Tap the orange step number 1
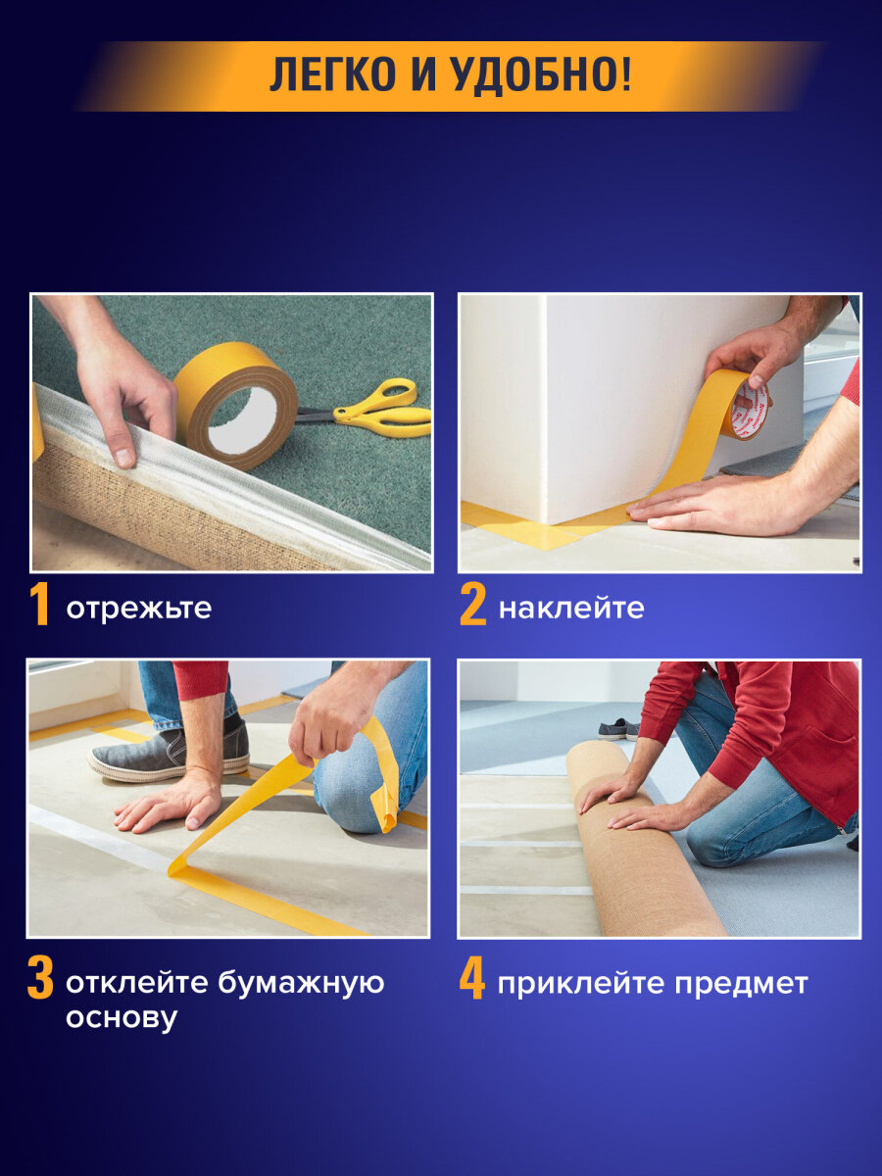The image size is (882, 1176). (x=39, y=607)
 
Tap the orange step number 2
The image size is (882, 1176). (x=472, y=607)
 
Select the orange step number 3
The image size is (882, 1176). (x=40, y=980)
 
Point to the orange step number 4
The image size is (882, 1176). (x=472, y=980)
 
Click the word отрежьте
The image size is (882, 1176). (x=138, y=609)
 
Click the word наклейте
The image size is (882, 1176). (x=571, y=609)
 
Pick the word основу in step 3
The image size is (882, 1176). (x=122, y=1018)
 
